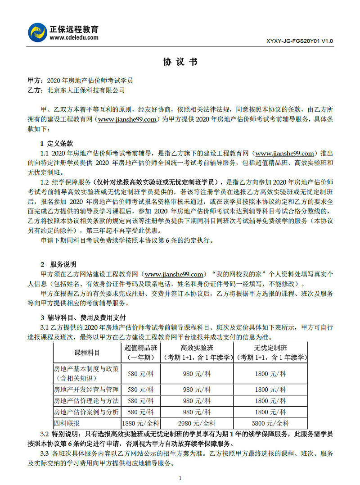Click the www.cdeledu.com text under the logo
tap(74, 38)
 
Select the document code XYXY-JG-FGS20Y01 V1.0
tap(300, 41)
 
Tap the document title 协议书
tap(180, 62)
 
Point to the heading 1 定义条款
tap(57, 144)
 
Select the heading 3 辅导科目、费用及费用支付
tap(83, 317)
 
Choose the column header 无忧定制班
tap(271, 348)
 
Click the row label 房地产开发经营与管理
tap(86, 390)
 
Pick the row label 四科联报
tap(67, 423)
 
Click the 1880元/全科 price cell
tap(141, 423)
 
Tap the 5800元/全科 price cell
tap(271, 423)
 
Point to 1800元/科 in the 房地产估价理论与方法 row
tap(271, 401)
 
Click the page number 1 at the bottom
tap(180, 478)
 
